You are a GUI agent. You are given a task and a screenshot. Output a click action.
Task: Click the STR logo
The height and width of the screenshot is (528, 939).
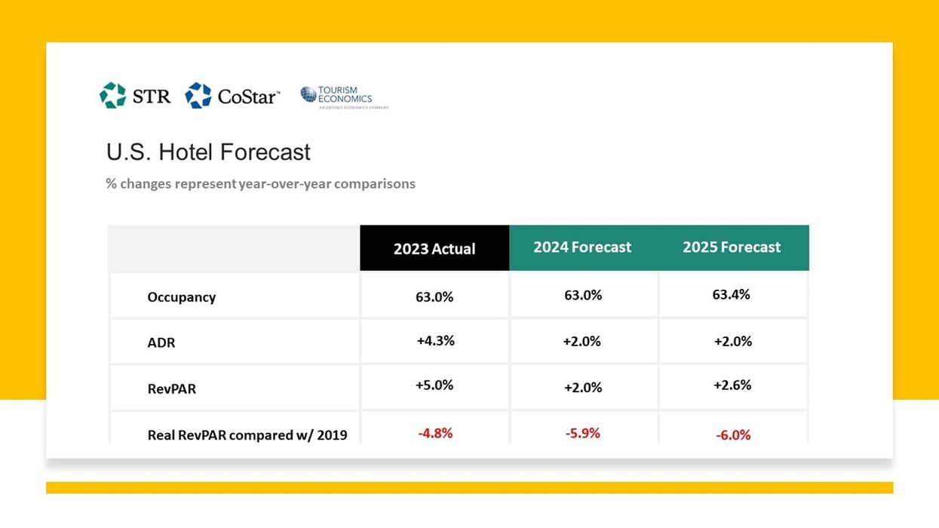pyautogui.click(x=135, y=96)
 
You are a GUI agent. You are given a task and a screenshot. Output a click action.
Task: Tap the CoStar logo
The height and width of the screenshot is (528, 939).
pyautogui.click(x=232, y=96)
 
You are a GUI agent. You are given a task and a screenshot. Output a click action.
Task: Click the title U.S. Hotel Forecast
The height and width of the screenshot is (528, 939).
pyautogui.click(x=208, y=152)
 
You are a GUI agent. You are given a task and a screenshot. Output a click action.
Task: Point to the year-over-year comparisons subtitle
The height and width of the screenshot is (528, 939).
pyautogui.click(x=260, y=183)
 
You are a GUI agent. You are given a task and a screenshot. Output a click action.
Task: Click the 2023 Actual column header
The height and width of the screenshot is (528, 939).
pyautogui.click(x=434, y=248)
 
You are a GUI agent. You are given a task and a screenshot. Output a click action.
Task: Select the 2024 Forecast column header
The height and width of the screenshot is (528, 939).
pyautogui.click(x=582, y=247)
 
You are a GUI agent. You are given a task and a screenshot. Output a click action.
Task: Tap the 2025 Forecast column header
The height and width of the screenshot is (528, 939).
pyautogui.click(x=732, y=247)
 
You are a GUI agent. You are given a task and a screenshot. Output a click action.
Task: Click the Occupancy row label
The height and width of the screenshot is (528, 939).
pyautogui.click(x=181, y=297)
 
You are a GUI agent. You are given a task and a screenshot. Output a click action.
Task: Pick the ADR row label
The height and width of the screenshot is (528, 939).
pyautogui.click(x=161, y=342)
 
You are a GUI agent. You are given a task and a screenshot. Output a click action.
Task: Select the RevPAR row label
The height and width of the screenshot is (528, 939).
pyautogui.click(x=171, y=389)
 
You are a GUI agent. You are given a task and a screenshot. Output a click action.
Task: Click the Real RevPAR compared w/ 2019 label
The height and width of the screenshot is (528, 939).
pyautogui.click(x=247, y=434)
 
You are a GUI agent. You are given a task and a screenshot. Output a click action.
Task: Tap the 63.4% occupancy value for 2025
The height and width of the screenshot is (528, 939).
pyautogui.click(x=731, y=295)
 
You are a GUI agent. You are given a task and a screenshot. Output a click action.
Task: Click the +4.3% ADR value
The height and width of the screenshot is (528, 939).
pyautogui.click(x=435, y=341)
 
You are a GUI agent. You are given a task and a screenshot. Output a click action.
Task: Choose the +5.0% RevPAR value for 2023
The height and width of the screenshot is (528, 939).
pyautogui.click(x=434, y=385)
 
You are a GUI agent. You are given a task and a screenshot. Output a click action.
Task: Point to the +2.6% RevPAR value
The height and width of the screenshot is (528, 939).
pyautogui.click(x=732, y=385)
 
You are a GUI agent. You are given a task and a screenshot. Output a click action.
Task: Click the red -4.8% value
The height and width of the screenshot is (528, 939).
pyautogui.click(x=435, y=434)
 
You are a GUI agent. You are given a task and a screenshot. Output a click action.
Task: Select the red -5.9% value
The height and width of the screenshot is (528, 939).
pyautogui.click(x=582, y=434)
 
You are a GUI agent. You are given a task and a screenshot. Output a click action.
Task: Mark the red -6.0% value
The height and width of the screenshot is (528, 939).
pyautogui.click(x=732, y=435)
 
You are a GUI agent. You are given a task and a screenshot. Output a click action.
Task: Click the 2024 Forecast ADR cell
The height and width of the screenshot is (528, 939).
pyautogui.click(x=582, y=342)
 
